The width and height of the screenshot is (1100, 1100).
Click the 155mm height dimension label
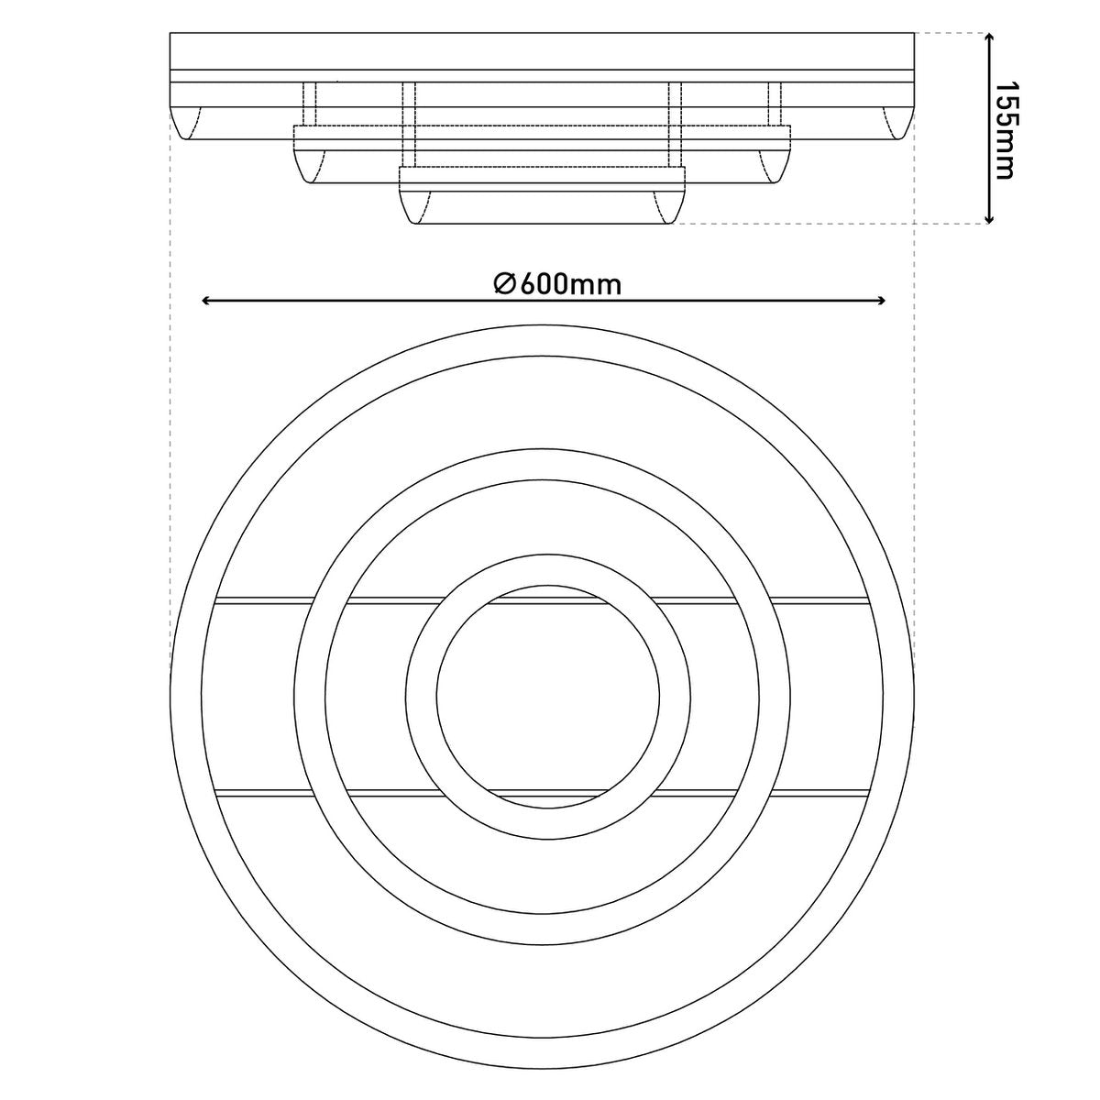coord(1006,129)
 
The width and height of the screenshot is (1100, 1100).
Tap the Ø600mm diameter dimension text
coord(557,284)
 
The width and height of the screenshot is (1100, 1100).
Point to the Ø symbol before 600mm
coord(504,284)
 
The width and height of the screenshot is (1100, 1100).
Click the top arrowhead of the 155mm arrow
coord(989,38)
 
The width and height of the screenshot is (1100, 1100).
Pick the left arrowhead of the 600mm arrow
coord(207,301)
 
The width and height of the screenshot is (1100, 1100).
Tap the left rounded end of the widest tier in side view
coord(186,123)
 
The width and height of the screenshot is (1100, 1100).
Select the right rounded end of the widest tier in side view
coord(898,123)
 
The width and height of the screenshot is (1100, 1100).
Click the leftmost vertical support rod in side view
coord(310,104)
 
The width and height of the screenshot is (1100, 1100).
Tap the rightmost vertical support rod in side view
coord(775,104)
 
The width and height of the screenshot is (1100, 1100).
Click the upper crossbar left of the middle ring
coord(261,601)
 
